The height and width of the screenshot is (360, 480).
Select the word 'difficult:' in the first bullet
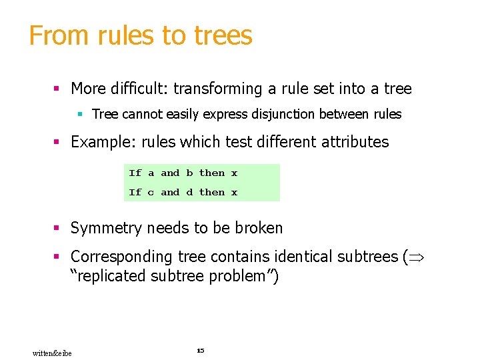[140, 89]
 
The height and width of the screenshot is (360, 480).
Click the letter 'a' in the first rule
[151, 173]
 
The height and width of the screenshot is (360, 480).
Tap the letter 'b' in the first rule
[189, 173]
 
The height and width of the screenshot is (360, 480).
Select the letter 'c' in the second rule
[151, 193]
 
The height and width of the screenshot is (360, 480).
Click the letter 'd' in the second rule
[189, 193]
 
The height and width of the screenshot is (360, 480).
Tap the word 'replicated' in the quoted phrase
[115, 276]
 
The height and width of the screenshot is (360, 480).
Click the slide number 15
[201, 350]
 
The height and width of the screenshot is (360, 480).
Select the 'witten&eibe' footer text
[52, 353]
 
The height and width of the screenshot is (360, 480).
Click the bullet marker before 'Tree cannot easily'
[82, 115]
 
